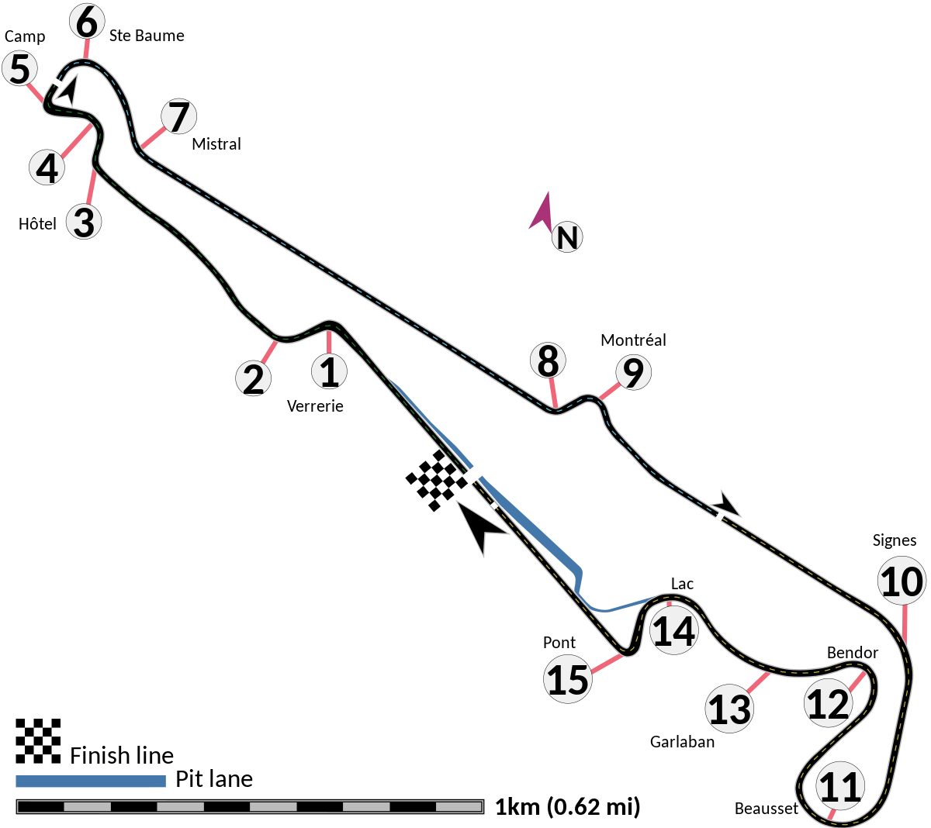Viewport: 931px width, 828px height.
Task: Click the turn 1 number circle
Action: pos(330,371)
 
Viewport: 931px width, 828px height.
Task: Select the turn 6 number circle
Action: pos(87,21)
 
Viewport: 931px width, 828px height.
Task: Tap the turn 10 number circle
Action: pos(902,581)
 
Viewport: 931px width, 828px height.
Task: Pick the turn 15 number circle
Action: pos(568,679)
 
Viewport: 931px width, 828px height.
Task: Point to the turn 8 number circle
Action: pos(549,361)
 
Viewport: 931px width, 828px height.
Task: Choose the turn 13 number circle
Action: pos(729,709)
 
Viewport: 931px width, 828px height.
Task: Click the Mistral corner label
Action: pos(217,144)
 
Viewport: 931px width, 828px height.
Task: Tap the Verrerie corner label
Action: pos(315,406)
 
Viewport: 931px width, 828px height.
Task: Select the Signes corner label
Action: pos(895,540)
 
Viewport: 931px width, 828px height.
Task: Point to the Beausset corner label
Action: pos(766,809)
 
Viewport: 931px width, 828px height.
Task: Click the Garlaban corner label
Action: pos(682,742)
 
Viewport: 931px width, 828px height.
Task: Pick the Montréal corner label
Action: pos(633,340)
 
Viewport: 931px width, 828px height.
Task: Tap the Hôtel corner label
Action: pos(37,224)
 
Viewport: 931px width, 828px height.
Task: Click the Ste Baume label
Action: pos(147,36)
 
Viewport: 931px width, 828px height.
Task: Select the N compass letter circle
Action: pos(567,237)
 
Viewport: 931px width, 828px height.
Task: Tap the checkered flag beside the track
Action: pos(437,480)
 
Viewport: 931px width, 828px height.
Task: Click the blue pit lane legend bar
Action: pos(91,781)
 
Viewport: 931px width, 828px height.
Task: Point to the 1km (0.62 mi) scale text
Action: pos(566,807)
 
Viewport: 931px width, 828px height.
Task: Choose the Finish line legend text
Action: pos(122,755)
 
